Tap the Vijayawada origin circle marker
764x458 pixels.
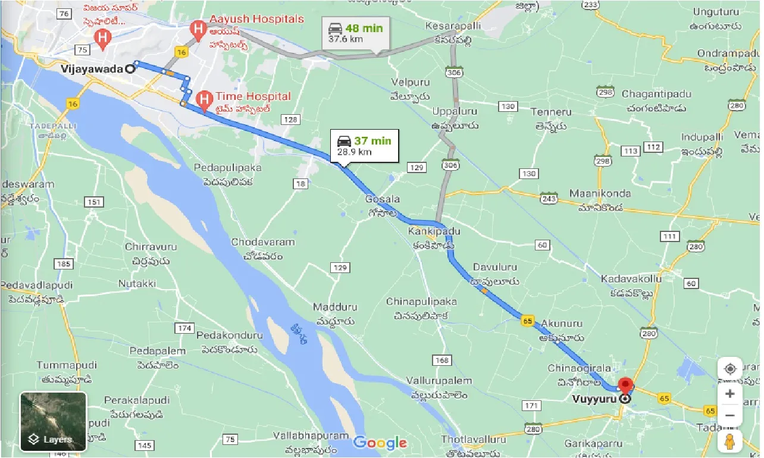130,68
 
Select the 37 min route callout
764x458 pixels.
364,146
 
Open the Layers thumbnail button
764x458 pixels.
54,422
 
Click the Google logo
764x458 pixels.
380,443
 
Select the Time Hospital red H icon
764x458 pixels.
203,98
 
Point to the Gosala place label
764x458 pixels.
383,199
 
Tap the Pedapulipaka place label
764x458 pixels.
228,168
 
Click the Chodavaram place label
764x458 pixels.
263,242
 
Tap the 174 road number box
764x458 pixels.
184,328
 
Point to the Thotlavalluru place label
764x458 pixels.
474,440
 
